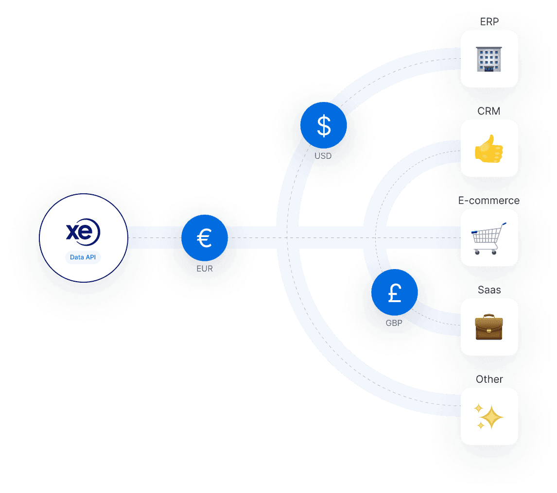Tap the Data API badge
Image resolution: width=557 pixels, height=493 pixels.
[83, 257]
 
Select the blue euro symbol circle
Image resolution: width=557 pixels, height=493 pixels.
[204, 238]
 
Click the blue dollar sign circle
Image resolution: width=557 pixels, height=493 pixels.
[324, 125]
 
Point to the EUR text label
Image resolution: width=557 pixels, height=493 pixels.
[204, 268]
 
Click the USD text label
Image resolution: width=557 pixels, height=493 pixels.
[323, 156]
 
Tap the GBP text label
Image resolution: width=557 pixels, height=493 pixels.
[394, 323]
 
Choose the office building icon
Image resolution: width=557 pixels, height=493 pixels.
[489, 59]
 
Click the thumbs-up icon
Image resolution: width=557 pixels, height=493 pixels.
[489, 148]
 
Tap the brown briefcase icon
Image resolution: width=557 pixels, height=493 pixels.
[489, 327]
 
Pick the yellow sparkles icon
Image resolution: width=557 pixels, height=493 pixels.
[489, 417]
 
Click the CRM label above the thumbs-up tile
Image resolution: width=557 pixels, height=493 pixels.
[489, 111]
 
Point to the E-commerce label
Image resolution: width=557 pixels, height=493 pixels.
[489, 201]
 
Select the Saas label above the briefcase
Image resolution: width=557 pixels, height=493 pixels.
[489, 290]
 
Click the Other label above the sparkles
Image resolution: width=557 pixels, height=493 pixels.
[489, 379]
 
